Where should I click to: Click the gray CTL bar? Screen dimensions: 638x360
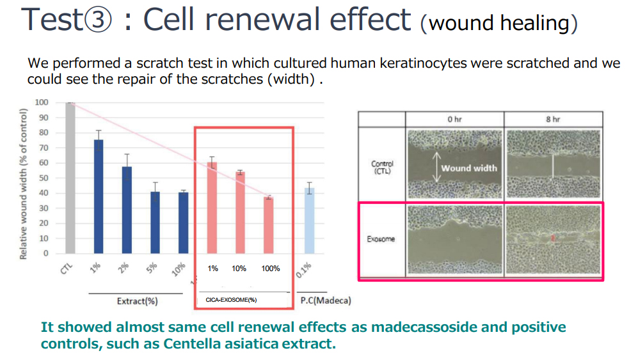70,178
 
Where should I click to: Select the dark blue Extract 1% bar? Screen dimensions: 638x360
99,197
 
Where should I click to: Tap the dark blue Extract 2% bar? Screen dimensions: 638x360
127,210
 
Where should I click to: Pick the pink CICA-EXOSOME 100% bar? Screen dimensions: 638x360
269,225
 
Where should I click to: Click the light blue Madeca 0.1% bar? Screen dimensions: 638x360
310,221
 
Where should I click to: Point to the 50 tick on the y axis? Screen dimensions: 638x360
44,178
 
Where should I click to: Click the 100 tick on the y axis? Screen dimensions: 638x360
42,102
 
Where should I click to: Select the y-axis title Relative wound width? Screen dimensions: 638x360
23,184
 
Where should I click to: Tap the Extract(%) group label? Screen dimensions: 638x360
137,301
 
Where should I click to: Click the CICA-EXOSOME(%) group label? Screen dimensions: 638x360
231,300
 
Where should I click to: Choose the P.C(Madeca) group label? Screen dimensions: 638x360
326,301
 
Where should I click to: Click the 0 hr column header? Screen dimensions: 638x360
454,119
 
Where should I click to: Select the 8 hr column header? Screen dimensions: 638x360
553,119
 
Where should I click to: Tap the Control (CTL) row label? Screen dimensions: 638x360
382,167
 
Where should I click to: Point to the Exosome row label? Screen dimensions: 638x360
381,239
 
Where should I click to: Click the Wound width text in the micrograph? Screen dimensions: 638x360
469,168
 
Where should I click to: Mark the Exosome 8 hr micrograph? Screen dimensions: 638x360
554,240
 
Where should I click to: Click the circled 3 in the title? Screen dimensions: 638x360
97,20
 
